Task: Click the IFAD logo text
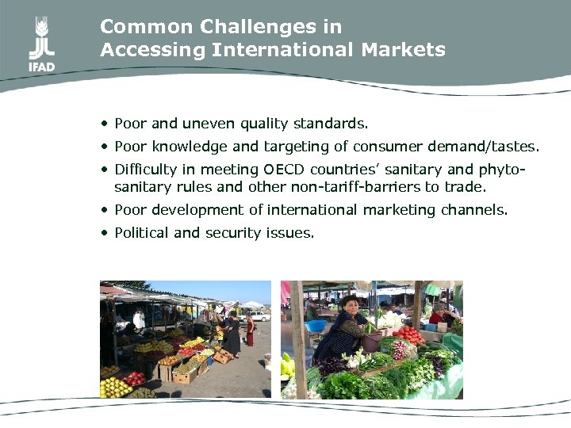tap(42, 67)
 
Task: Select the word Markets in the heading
tap(403, 50)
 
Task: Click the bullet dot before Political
tap(105, 233)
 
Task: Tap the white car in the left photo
tap(259, 315)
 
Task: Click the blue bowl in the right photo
tap(316, 326)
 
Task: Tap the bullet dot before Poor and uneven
tap(105, 124)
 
